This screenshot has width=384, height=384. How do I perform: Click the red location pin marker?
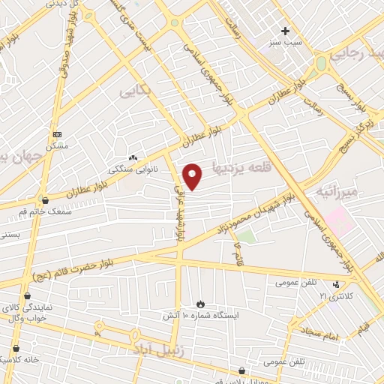193,176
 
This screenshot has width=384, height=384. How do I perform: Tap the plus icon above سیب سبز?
284,31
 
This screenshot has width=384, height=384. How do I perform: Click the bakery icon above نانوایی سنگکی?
133,157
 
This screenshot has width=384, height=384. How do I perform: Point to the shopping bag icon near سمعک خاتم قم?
46,201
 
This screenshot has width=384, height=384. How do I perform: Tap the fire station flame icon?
200,303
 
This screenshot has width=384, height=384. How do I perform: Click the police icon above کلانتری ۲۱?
337,283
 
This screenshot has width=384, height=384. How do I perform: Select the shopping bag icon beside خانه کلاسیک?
16,348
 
